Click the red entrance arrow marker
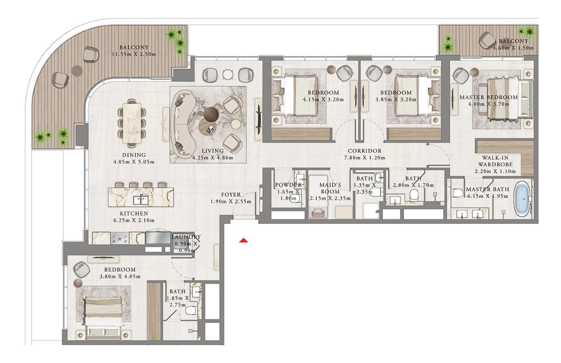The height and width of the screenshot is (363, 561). tap(244, 241)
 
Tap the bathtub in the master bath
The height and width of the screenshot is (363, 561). tap(522, 199)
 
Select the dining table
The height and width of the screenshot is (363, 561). tap(132, 123)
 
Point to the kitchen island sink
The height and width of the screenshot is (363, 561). tap(141, 200)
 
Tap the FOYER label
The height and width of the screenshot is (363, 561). tap(231, 195)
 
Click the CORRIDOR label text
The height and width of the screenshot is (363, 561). tap(365, 151)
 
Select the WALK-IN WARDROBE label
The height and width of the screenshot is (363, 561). tap(495, 161)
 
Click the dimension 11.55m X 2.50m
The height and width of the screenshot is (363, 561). tap(134, 54)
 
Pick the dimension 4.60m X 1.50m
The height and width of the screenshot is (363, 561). tap(514, 48)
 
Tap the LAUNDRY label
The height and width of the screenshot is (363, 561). tap(186, 237)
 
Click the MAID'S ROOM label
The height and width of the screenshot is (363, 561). tap(330, 188)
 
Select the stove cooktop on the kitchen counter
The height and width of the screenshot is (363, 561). tap(120, 238)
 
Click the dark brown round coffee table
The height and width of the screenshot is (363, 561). tap(212, 115)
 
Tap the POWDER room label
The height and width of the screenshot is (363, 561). tap(288, 185)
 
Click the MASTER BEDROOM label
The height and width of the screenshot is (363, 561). tap(489, 97)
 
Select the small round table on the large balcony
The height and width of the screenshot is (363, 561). tap(77, 71)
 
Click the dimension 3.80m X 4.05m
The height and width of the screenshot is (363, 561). tap(120, 277)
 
